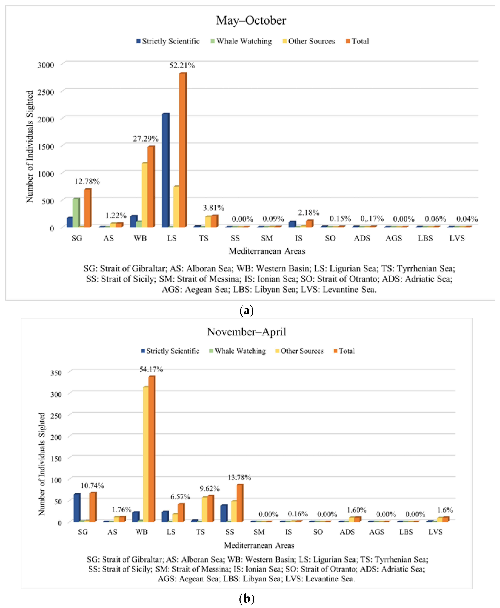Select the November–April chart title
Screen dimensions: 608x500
pos(246,332)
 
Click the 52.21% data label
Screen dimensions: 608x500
pos(182,66)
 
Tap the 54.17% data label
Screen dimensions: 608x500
pos(151,369)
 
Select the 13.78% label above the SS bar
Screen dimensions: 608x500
pos(239,477)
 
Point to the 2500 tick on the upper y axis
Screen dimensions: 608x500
pos(46,92)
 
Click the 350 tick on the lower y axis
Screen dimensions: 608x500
pos(56,373)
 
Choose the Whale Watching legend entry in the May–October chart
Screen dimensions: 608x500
pos(241,41)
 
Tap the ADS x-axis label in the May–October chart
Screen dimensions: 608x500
pos(362,238)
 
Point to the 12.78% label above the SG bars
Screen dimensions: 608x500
pos(87,181)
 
